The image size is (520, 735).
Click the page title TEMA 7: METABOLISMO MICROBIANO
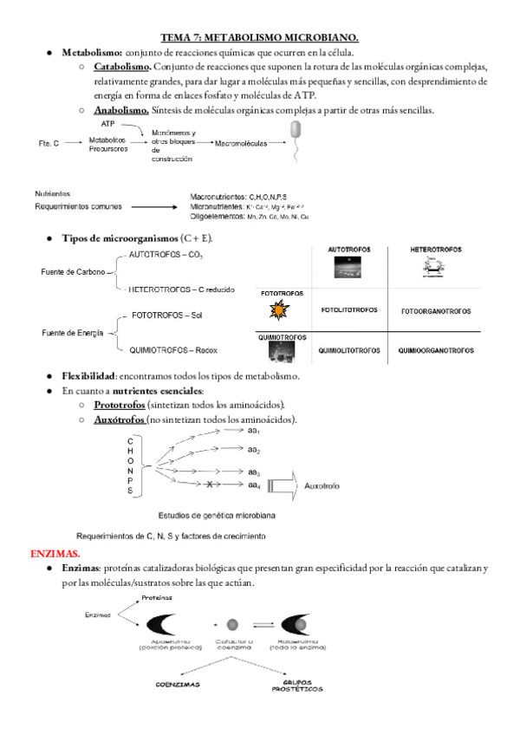[260, 37]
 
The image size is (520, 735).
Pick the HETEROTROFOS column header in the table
[436, 250]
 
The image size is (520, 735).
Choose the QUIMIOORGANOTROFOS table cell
[436, 351]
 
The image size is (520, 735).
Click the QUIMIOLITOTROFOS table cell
[349, 351]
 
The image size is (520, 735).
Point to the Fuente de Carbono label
[73, 272]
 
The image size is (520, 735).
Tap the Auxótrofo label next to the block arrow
[321, 486]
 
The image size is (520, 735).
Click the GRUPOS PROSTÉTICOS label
[296, 686]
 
